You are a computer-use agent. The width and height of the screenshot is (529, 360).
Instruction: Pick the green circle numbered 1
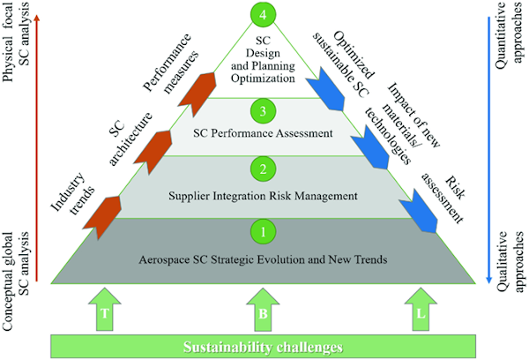tap(263, 233)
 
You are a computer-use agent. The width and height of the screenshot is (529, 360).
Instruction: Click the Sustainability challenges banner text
tap(263, 346)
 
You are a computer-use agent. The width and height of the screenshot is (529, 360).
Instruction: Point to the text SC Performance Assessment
tap(263, 135)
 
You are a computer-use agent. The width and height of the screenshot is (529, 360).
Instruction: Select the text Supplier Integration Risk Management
tap(263, 194)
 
